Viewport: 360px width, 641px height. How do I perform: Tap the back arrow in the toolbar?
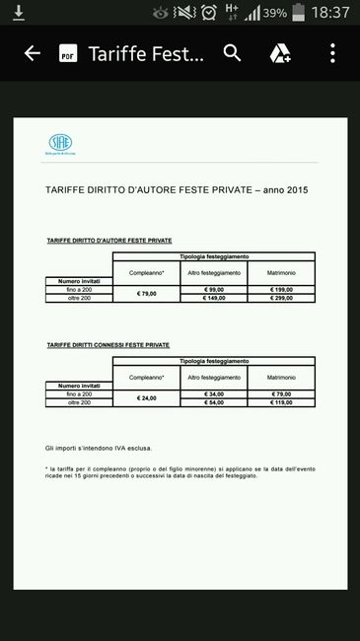[x=32, y=53]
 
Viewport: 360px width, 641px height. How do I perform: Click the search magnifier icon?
[x=232, y=53]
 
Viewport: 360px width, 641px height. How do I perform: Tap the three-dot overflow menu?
[x=332, y=53]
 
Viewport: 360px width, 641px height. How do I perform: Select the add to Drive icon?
[x=280, y=53]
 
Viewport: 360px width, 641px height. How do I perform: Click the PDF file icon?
[x=68, y=53]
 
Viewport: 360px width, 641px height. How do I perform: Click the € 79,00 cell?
[x=146, y=294]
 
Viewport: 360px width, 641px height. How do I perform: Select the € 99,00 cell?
[x=214, y=290]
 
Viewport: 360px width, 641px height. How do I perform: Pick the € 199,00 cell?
[x=281, y=290]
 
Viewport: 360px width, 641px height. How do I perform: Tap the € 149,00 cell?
[x=214, y=298]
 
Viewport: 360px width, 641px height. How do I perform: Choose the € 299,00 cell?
[x=281, y=298]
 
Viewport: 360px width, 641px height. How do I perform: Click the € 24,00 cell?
[x=146, y=398]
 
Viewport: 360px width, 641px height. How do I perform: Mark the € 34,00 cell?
[x=214, y=394]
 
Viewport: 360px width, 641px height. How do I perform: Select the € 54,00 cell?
[x=214, y=402]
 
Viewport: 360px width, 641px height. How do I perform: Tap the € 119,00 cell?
[x=281, y=402]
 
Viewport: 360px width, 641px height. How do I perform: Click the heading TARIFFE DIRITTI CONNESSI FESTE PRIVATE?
[x=108, y=345]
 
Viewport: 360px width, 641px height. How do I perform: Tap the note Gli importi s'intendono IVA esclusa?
[x=102, y=448]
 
